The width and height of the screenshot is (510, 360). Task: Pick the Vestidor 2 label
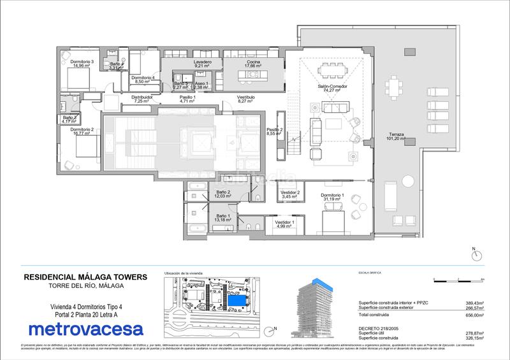point(290,193)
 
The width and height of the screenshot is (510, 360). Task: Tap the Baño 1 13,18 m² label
point(222,219)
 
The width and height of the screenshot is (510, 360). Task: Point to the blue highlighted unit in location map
point(237,299)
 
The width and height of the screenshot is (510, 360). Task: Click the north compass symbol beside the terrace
point(474,255)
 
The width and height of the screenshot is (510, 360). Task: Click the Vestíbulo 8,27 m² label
point(246,99)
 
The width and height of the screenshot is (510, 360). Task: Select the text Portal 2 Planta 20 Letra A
point(85,313)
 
